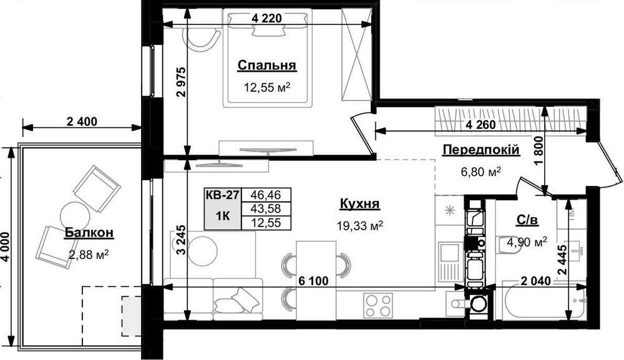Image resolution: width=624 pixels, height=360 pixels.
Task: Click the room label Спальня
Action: click(266, 66)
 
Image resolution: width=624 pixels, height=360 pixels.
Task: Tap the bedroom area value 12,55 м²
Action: click(266, 87)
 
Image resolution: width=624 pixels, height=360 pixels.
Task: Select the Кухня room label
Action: click(360, 204)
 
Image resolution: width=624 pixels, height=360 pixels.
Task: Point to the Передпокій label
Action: click(481, 150)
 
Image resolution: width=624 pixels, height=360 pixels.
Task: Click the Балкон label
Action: click(89, 233)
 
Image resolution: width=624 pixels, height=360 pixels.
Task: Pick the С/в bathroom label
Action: click(527, 220)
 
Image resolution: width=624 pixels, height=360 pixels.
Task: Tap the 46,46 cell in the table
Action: click(266, 195)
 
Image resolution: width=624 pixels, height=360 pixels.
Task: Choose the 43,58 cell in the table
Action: click(266, 208)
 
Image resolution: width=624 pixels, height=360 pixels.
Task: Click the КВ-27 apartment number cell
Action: click(223, 195)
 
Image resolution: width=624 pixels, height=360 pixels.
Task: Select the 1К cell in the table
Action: click(223, 216)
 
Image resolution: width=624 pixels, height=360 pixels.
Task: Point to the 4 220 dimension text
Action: click(267, 18)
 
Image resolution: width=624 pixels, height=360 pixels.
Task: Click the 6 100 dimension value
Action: click(313, 281)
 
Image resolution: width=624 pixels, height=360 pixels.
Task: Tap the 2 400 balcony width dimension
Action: click(82, 121)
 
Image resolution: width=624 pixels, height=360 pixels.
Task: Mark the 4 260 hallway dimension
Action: click(480, 125)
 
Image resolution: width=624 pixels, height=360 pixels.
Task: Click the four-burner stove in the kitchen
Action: click(378, 306)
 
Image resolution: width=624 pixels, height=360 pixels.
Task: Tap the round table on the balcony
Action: click(74, 215)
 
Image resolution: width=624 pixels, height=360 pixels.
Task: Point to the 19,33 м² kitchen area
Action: click(360, 226)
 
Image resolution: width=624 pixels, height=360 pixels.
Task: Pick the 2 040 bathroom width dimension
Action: click(536, 281)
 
